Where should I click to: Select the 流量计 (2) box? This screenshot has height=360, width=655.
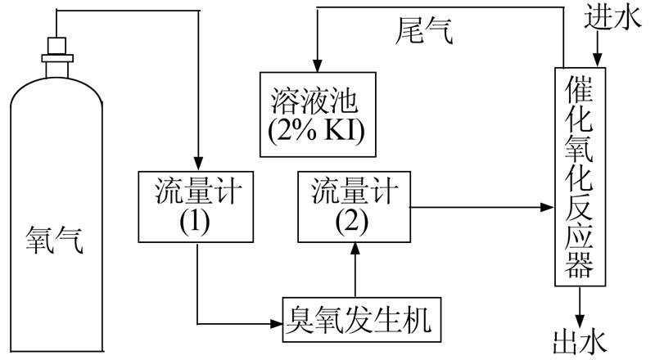(x=355, y=207)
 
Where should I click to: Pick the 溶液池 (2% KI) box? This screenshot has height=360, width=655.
(x=317, y=115)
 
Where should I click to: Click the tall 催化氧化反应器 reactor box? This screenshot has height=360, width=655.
(x=580, y=175)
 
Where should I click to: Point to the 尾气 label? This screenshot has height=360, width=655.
(x=424, y=33)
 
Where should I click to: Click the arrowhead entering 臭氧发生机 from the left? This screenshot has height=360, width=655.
(x=276, y=322)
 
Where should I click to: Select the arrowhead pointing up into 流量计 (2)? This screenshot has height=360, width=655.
(x=355, y=250)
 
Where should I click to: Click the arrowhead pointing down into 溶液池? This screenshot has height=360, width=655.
(x=316, y=65)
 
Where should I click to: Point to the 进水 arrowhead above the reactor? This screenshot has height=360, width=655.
(x=598, y=59)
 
